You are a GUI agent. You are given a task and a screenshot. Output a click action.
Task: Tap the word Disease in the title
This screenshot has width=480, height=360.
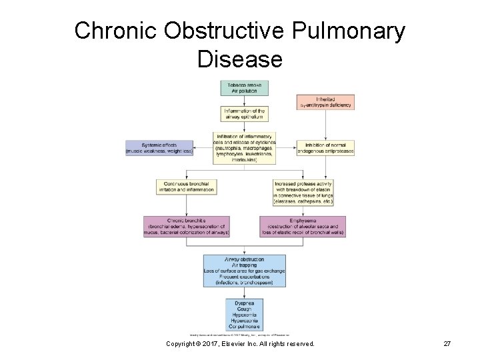239,59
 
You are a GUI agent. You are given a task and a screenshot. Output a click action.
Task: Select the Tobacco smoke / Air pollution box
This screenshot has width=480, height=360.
245,88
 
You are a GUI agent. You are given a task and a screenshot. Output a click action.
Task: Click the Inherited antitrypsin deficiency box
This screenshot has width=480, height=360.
325,102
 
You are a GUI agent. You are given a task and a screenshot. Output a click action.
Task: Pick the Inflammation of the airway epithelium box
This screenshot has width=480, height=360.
245,113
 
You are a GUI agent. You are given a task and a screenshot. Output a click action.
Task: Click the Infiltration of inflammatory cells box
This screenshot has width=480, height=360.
245,147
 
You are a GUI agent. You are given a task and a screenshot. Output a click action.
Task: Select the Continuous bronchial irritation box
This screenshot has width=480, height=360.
186,187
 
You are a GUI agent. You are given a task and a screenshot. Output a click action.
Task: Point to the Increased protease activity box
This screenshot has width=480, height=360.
303,192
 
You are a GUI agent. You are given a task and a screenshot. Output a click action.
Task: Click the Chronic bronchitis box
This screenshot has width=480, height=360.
187,227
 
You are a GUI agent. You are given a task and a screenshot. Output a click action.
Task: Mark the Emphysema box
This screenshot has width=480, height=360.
303,227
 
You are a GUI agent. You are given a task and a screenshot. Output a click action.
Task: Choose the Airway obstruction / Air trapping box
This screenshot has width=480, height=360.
245,271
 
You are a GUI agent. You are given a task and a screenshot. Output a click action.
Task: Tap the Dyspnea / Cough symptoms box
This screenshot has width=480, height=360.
245,313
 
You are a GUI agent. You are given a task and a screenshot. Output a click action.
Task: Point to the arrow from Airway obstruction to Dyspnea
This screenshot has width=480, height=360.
245,293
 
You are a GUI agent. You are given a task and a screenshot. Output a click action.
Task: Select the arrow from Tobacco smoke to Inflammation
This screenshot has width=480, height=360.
245,101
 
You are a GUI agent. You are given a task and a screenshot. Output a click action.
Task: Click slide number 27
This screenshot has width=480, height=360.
447,343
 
